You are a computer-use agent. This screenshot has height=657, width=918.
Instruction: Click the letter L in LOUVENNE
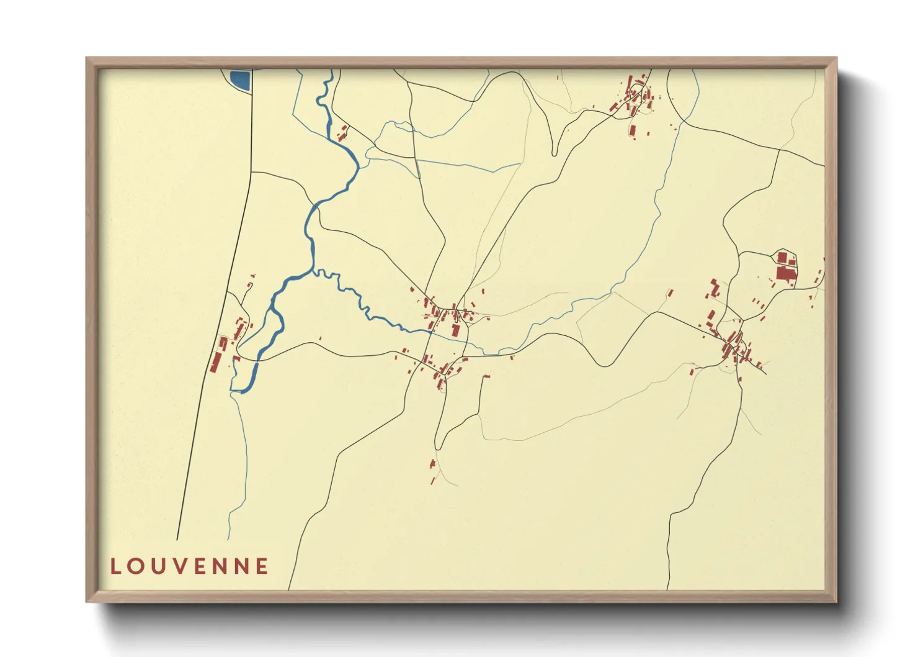coord(115,566)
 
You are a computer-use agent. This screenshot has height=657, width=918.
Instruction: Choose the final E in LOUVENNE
coord(263,566)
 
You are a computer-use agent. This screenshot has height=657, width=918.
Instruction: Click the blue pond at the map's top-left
coord(239,79)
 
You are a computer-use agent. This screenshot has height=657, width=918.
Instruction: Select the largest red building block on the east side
coord(785,273)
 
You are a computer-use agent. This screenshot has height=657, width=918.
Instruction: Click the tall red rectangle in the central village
coord(457,328)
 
